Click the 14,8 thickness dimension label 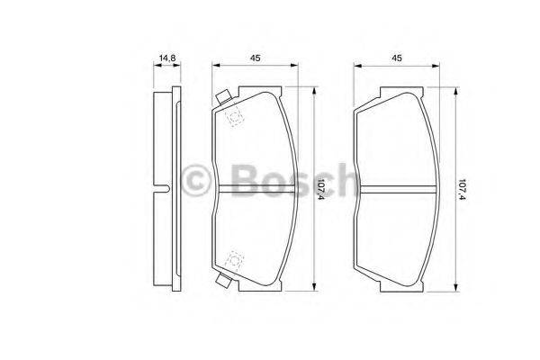[x=167, y=58]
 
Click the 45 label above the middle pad [x=255, y=58]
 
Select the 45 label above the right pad [x=397, y=58]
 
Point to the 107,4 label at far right [x=463, y=189]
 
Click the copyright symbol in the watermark [x=195, y=180]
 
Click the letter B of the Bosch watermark [x=245, y=180]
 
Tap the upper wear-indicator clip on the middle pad [x=223, y=97]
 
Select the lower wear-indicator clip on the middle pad [x=223, y=280]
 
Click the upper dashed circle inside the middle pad [x=235, y=117]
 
